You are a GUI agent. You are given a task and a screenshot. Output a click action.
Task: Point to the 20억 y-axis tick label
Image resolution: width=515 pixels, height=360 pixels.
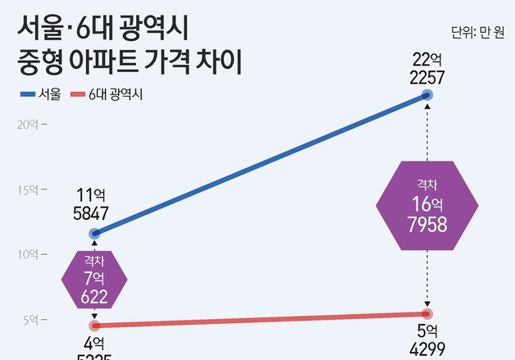coord(30,125)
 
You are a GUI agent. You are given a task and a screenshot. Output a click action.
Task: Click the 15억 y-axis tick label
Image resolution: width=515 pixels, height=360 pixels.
coord(30,189)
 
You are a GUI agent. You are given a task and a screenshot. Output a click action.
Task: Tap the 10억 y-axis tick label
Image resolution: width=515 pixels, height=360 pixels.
coord(30,254)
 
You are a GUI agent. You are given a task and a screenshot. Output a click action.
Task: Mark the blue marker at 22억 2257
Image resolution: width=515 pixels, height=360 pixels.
coord(427,96)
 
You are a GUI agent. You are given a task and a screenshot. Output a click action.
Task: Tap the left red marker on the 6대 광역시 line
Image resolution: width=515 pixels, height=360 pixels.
coord(94,326)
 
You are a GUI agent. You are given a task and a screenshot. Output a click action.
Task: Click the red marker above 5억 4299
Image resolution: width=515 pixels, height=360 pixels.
coord(427,314)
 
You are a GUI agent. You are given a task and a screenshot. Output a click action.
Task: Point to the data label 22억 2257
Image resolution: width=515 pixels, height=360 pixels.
coord(427,67)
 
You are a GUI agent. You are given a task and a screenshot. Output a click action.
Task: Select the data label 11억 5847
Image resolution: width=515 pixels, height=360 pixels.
coord(92,204)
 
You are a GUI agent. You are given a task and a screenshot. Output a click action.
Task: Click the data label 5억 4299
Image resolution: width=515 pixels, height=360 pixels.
coord(427,340)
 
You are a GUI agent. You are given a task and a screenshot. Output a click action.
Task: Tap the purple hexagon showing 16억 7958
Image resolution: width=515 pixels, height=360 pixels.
coord(426,205)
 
